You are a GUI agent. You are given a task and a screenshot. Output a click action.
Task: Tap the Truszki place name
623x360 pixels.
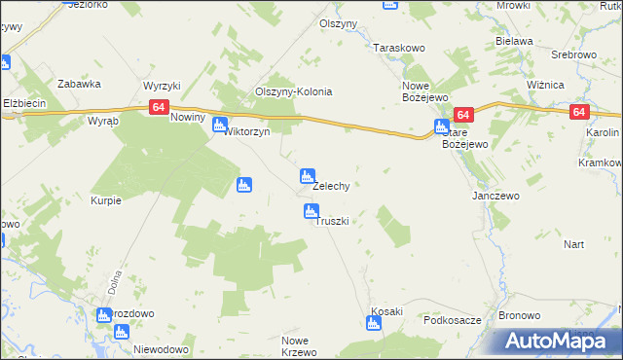click(331, 221)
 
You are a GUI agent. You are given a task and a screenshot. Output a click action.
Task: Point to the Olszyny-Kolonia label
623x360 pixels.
click(294, 92)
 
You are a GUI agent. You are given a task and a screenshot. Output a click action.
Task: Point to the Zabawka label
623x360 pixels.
click(80, 84)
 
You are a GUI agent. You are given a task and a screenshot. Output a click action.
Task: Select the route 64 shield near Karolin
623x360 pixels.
click(579, 112)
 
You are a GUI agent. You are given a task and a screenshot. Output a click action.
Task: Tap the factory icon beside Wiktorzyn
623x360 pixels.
click(220, 125)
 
